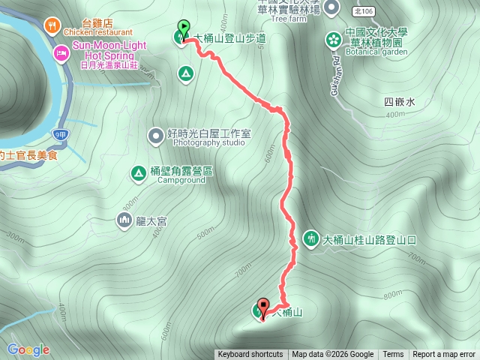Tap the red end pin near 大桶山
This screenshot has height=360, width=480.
click(x=262, y=307)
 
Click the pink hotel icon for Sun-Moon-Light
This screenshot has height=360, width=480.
click(x=60, y=53)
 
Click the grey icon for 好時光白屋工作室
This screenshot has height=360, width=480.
click(x=155, y=136)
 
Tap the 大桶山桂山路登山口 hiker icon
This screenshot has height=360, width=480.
click(x=310, y=238)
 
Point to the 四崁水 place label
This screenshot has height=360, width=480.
click(x=399, y=102)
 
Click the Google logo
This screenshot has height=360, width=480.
click(x=28, y=349)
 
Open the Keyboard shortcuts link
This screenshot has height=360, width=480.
click(x=250, y=355)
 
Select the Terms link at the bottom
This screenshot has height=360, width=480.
click(x=393, y=355)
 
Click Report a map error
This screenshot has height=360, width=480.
click(x=444, y=355)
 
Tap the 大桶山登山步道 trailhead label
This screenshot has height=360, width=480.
click(x=229, y=38)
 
